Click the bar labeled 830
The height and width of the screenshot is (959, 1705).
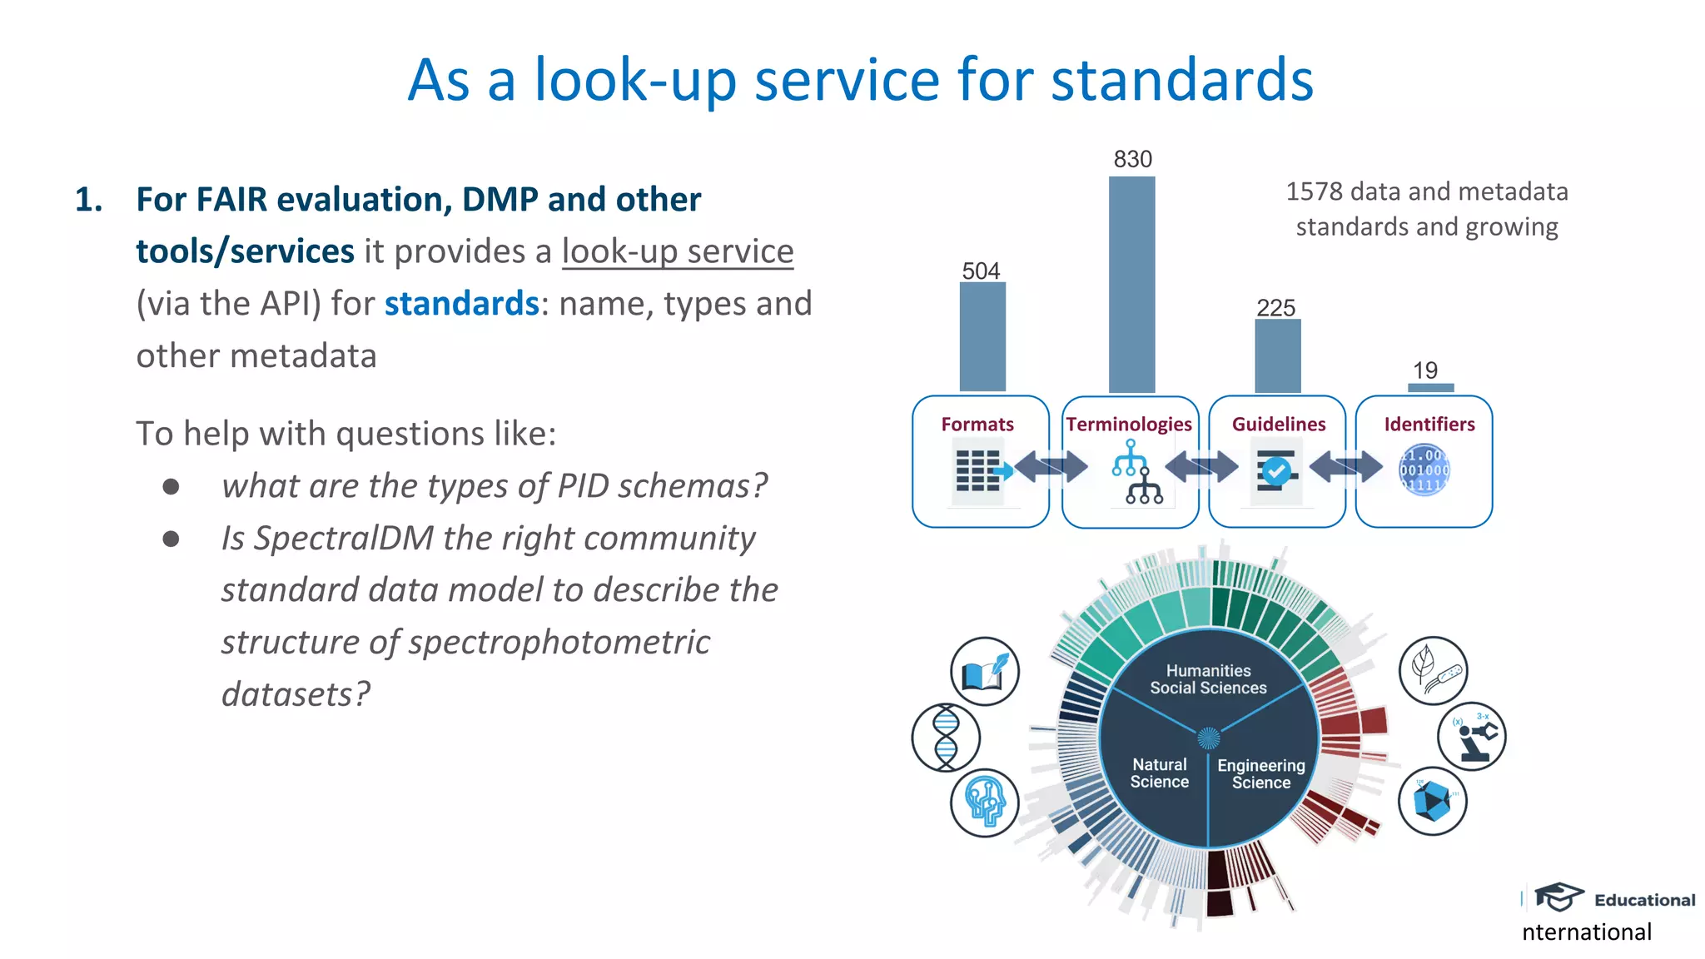(1131, 284)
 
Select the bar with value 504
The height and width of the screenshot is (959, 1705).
(982, 336)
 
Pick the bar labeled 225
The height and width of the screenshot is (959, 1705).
(1277, 355)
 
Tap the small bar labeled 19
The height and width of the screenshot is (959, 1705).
(1430, 387)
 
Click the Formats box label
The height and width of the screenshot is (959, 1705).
(977, 425)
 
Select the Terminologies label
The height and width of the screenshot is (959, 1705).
(1129, 425)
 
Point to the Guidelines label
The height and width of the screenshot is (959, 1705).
(1279, 425)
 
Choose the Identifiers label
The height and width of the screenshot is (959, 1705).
(1429, 425)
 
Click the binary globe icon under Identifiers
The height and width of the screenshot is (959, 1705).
(1424, 470)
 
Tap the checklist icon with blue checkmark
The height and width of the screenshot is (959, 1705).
(1276, 471)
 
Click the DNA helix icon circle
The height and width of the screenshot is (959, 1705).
(946, 737)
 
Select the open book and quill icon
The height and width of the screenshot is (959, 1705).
(985, 672)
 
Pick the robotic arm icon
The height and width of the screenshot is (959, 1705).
(1471, 736)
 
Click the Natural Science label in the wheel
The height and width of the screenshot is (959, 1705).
(1159, 773)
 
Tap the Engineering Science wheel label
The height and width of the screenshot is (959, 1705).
(1260, 773)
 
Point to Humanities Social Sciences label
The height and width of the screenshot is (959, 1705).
(1208, 679)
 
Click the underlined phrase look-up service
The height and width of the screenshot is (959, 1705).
(678, 251)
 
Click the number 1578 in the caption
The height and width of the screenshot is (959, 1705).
(1314, 192)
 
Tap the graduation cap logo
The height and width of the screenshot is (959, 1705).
(1558, 897)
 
